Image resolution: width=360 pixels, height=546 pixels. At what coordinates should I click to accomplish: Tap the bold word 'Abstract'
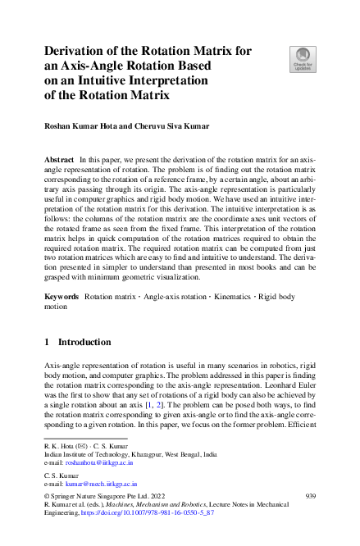(57, 156)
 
